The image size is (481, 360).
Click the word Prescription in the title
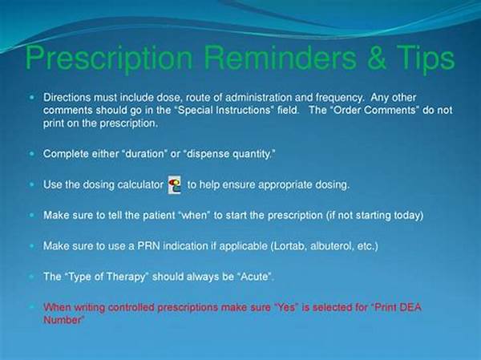pos(109,59)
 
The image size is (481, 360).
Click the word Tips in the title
pos(426,59)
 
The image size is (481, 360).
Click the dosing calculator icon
pos(175,184)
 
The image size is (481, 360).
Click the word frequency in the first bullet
pos(340,98)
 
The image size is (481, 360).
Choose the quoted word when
pos(194,215)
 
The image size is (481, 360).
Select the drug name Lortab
pos(289,246)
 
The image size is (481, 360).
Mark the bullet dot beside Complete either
pos(32,153)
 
